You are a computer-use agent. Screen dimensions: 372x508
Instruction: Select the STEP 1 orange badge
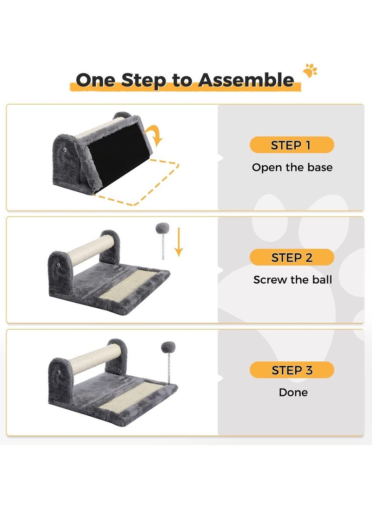coord(292,145)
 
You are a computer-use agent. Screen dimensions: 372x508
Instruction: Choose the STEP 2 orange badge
coord(292,257)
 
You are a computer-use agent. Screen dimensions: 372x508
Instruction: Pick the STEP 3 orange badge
coord(292,370)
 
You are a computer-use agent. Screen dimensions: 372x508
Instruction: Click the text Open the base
coord(292,167)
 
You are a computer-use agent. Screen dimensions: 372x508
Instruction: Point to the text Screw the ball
coord(292,279)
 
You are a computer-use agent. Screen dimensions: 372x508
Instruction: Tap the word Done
coord(293,393)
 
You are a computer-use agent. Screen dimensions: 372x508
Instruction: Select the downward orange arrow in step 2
coord(179,242)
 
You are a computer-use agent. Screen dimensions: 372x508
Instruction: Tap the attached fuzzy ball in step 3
coord(168,348)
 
